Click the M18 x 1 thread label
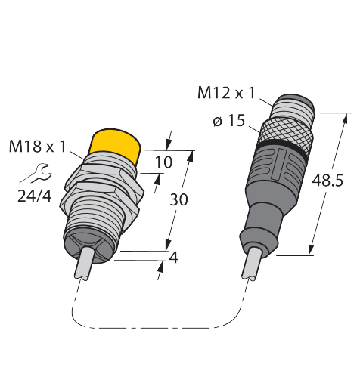pyautogui.click(x=38, y=147)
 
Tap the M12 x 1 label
pyautogui.click(x=226, y=93)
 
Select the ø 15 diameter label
pyautogui.click(x=229, y=120)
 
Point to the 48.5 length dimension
pyautogui.click(x=327, y=181)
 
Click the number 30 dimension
pyautogui.click(x=178, y=199)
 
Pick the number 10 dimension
pyautogui.click(x=163, y=162)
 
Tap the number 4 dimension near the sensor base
pyautogui.click(x=173, y=258)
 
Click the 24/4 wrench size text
pyautogui.click(x=35, y=196)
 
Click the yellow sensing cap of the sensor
pyautogui.click(x=115, y=144)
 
